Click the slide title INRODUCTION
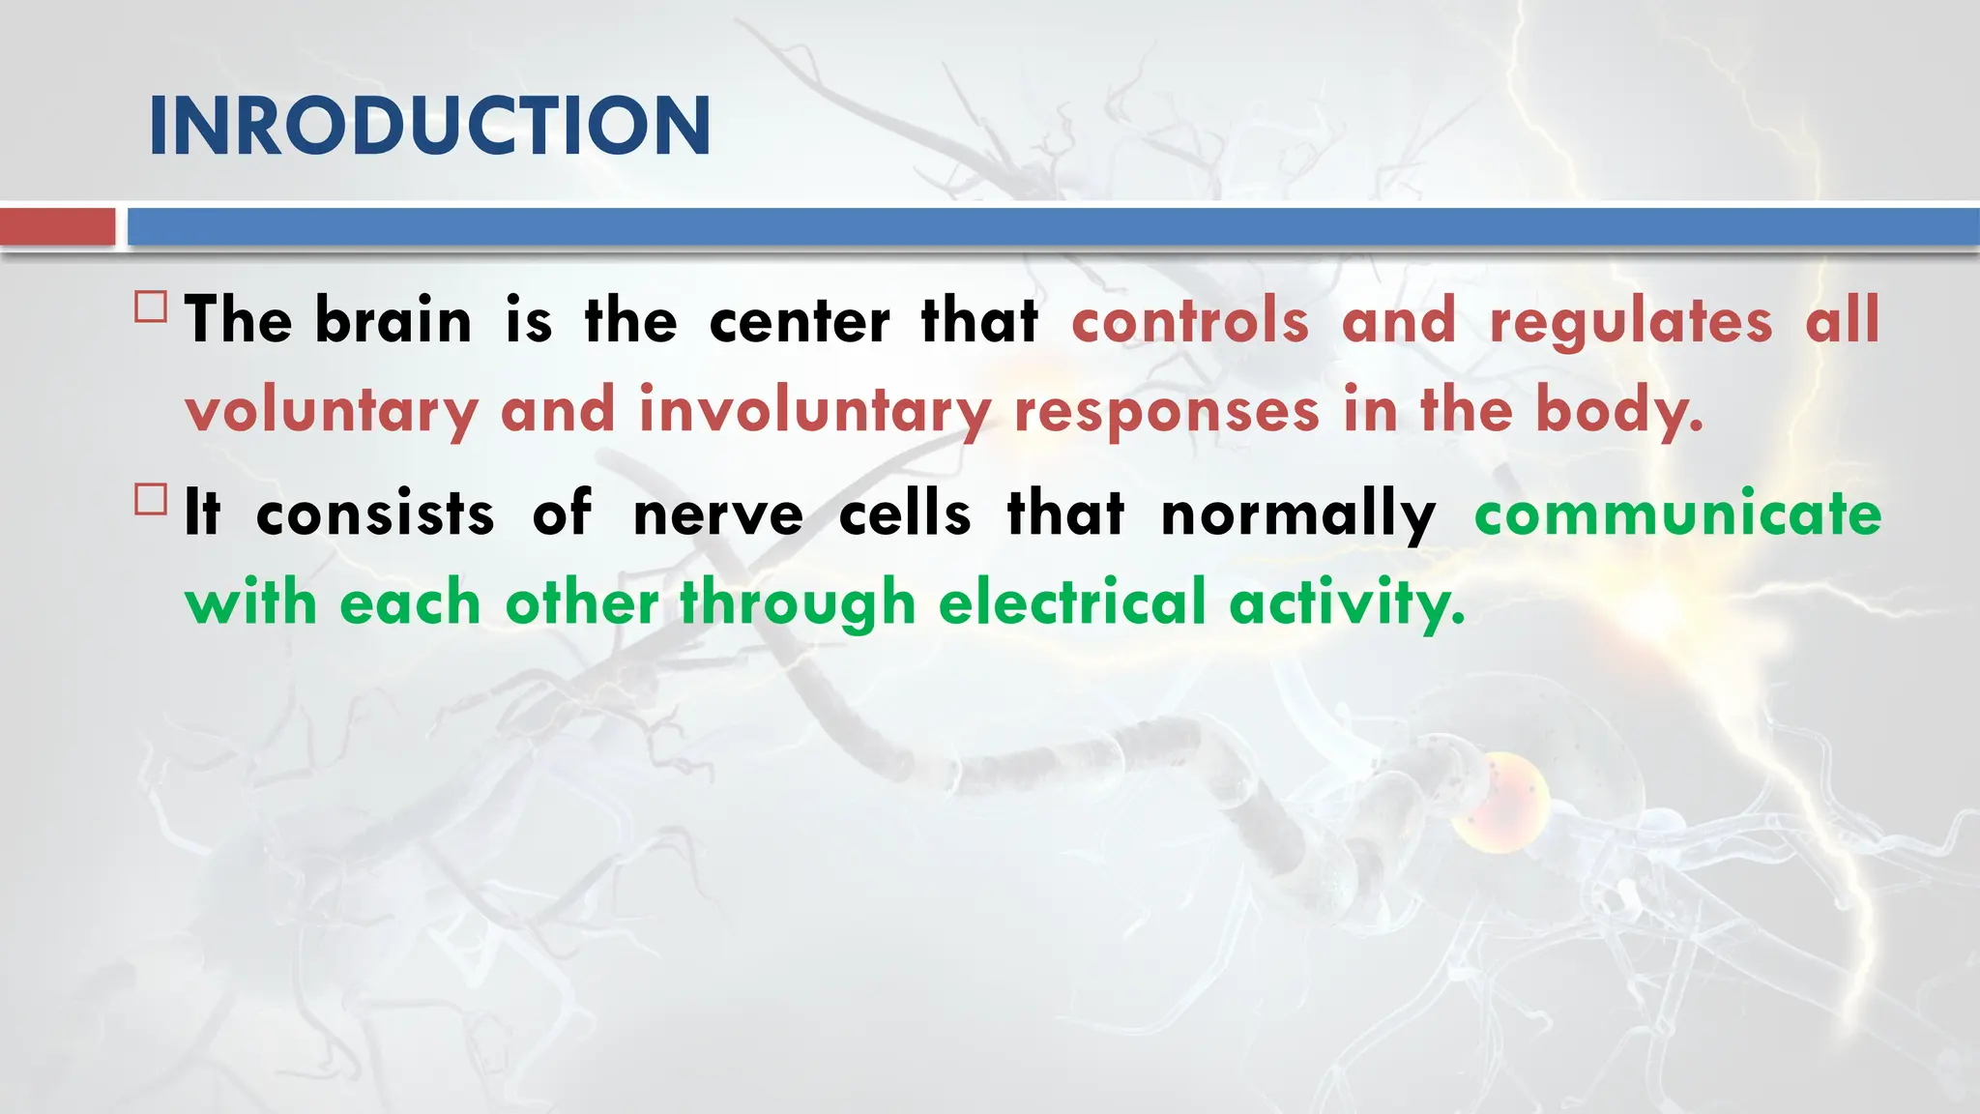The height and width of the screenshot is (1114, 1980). click(x=429, y=126)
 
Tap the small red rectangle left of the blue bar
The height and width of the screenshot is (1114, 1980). click(x=57, y=227)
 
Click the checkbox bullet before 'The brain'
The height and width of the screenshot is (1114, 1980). click(x=151, y=308)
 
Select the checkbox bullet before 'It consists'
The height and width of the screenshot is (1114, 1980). click(x=151, y=500)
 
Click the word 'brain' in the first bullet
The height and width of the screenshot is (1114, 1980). click(x=393, y=320)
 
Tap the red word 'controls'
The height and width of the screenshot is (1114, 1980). click(x=1189, y=320)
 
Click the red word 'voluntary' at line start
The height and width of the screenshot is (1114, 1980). click(x=331, y=411)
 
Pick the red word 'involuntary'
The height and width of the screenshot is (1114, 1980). click(x=814, y=411)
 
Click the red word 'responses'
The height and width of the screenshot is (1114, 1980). click(x=1166, y=411)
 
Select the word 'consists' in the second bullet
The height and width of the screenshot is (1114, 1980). click(x=375, y=513)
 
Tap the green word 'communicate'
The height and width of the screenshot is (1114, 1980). click(x=1677, y=513)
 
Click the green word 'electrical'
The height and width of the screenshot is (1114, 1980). click(x=1072, y=602)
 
